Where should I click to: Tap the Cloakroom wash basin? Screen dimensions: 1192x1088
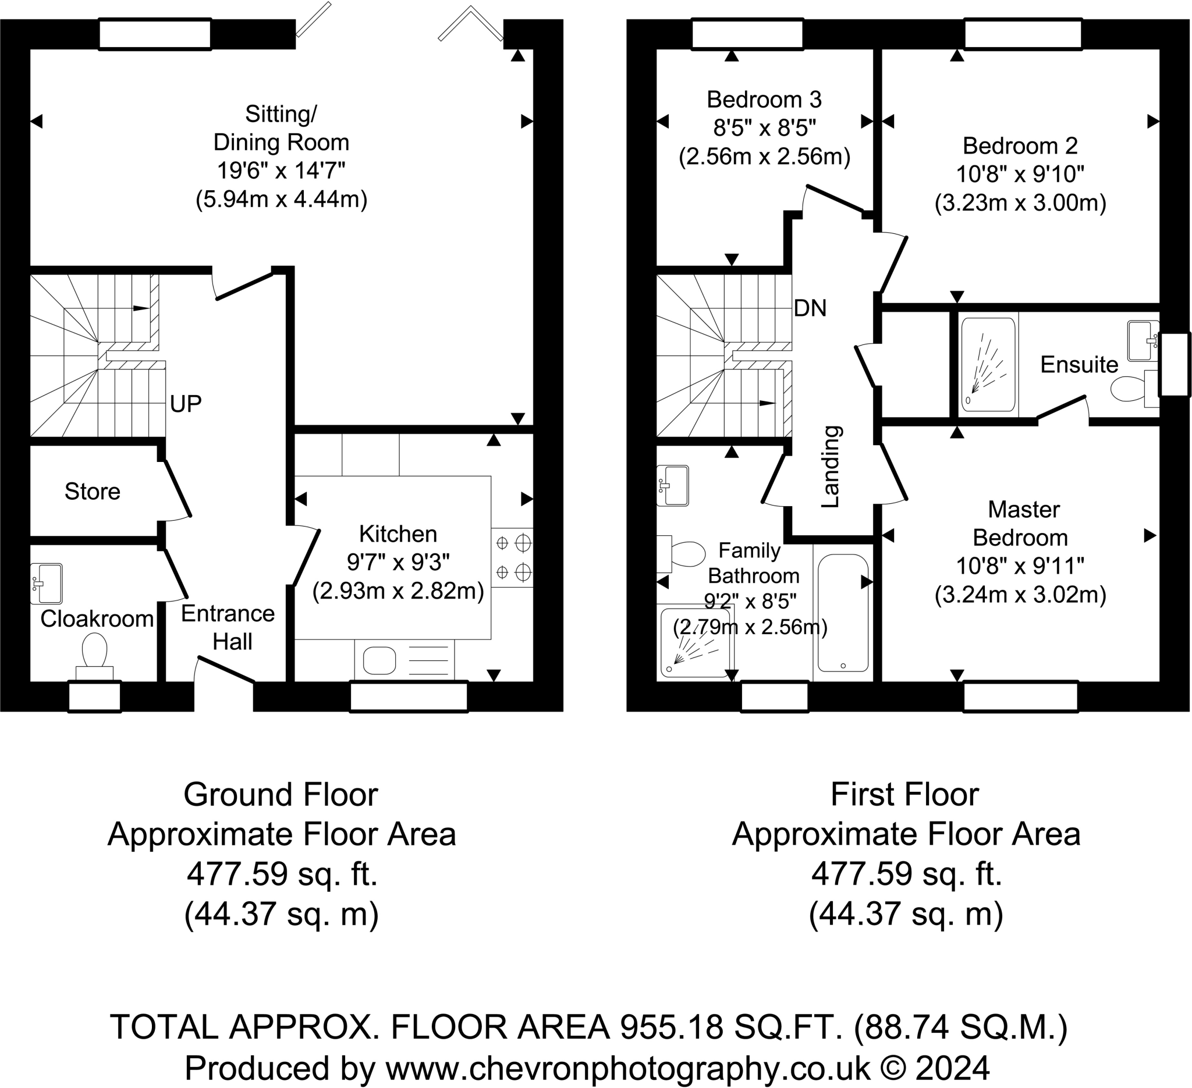pyautogui.click(x=46, y=584)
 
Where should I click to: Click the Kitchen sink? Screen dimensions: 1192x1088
pyautogui.click(x=379, y=661)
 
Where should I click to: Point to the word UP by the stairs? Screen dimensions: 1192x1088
pyautogui.click(x=186, y=404)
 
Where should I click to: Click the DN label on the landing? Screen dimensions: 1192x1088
pyautogui.click(x=810, y=308)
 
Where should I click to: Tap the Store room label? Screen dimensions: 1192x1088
pyautogui.click(x=92, y=492)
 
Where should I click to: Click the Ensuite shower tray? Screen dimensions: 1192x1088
pyautogui.click(x=988, y=364)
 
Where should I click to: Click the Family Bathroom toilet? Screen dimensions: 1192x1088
pyautogui.click(x=680, y=554)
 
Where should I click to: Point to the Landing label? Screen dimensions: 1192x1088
pyautogui.click(x=831, y=466)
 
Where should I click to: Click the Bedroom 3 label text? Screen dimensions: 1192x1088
pyautogui.click(x=764, y=99)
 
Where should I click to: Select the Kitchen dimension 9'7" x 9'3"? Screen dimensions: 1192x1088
pyautogui.click(x=398, y=563)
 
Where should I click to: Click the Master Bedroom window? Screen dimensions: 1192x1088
pyautogui.click(x=1020, y=697)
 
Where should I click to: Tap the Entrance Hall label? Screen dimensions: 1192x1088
pyautogui.click(x=228, y=628)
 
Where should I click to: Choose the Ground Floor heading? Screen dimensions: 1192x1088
pyautogui.click(x=281, y=795)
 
